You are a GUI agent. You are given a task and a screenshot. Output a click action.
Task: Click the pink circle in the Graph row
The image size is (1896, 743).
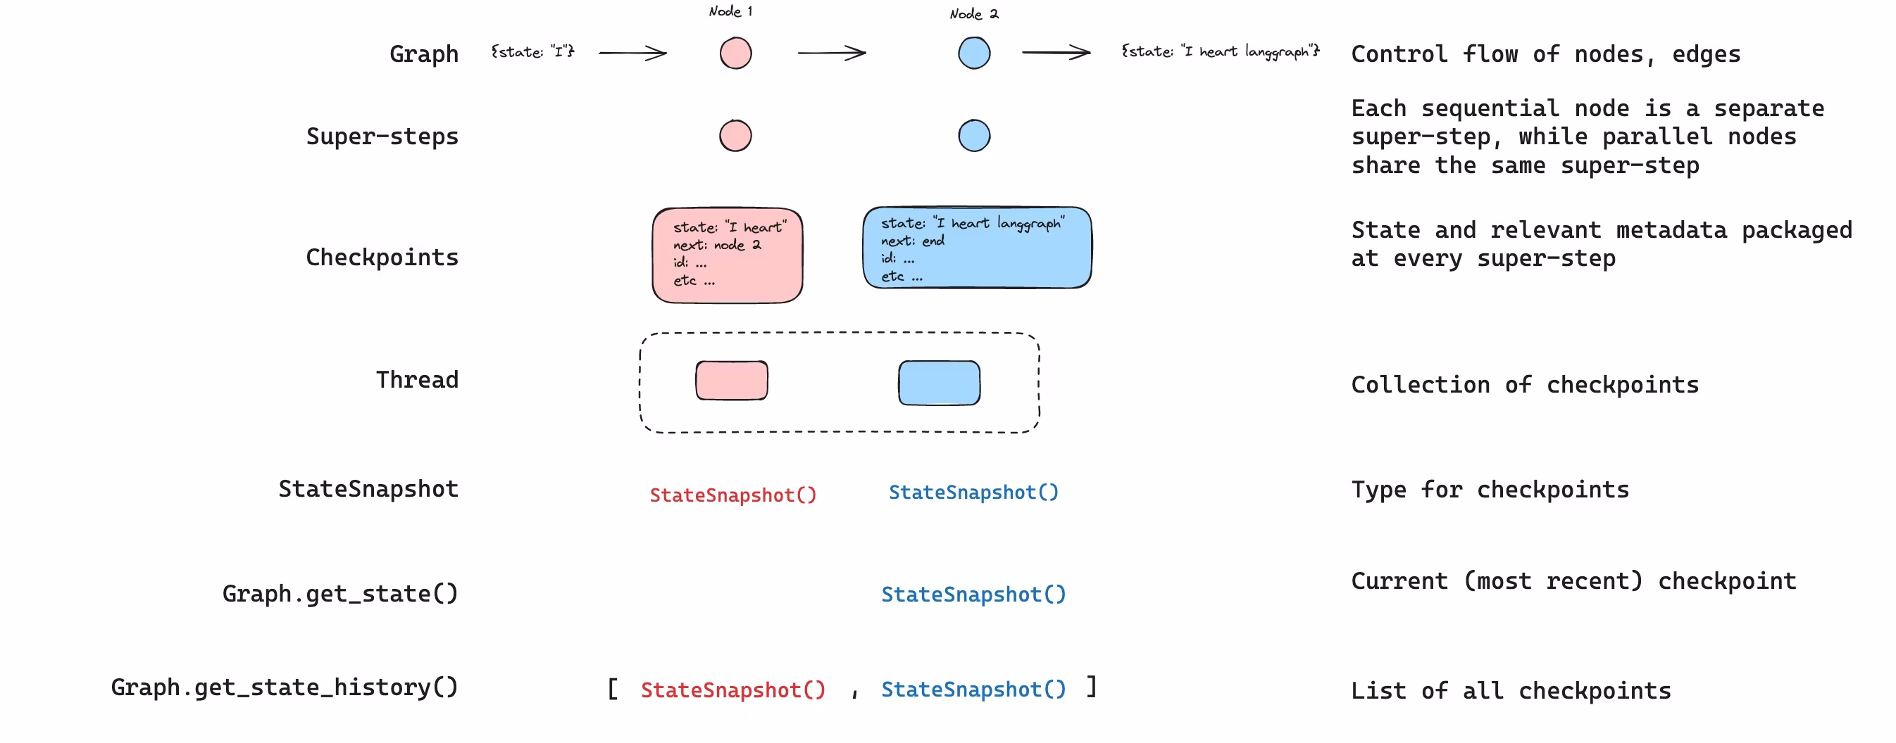[x=735, y=53]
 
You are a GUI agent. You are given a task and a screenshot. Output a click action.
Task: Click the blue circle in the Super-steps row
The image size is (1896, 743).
[x=974, y=136]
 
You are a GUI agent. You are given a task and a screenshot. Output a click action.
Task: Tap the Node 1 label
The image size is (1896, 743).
[x=730, y=11]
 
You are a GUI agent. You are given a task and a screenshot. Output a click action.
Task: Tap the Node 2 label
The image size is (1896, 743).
[x=973, y=14]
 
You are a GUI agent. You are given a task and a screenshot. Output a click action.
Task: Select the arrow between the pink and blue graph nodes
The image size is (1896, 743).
[x=832, y=53]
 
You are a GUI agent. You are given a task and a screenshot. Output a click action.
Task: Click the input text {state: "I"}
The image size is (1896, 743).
[x=532, y=51]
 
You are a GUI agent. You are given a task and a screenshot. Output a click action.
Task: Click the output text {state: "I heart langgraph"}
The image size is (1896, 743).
[x=1220, y=51]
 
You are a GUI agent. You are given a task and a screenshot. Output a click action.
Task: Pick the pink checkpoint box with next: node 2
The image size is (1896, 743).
[x=727, y=255]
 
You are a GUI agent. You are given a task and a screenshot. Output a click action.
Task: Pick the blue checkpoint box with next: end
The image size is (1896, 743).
[x=977, y=248]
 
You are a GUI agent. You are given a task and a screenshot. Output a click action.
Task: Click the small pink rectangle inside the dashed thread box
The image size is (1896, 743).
[x=732, y=381]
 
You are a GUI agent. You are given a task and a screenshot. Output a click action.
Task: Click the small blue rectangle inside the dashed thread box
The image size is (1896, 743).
[x=938, y=383]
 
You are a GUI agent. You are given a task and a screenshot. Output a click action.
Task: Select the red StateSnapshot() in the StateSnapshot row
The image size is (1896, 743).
[x=733, y=495]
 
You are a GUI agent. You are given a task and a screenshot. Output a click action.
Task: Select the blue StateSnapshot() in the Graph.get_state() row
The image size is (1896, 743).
[x=973, y=595]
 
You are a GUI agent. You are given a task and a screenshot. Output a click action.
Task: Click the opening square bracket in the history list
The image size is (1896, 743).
[x=612, y=690]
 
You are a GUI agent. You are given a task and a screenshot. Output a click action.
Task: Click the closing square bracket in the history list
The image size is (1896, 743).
[x=1092, y=687]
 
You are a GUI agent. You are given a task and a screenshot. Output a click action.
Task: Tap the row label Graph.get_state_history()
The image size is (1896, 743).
[x=284, y=687]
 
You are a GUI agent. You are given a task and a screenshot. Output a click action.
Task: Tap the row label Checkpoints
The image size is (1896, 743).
[x=382, y=258]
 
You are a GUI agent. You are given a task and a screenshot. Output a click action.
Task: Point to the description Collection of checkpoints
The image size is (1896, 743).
[x=1524, y=385]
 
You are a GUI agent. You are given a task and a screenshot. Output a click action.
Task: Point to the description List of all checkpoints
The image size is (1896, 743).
[x=1510, y=691]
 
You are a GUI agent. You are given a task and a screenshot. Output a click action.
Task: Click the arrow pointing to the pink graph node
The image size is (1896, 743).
[x=632, y=53]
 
